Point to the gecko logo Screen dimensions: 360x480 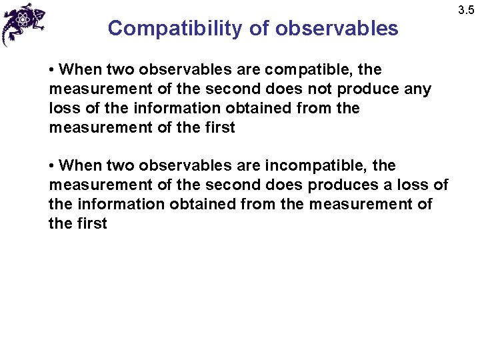[23, 23]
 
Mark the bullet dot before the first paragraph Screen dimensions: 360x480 [52, 70]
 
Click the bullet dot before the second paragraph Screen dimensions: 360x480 [52, 165]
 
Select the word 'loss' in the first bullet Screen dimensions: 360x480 [63, 109]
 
